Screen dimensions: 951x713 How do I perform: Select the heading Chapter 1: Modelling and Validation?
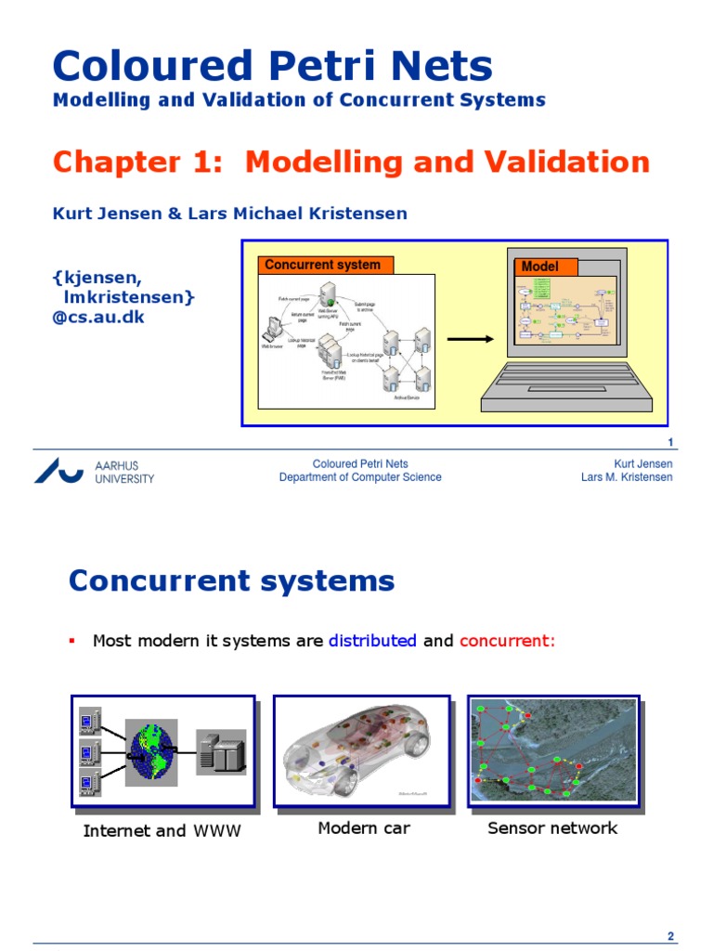tap(351, 163)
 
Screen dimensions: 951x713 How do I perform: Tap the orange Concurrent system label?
tap(323, 265)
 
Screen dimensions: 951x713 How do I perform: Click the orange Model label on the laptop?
tap(541, 267)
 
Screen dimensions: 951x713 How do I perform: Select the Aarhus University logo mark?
tap(58, 470)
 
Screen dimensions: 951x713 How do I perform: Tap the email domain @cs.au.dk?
tap(98, 317)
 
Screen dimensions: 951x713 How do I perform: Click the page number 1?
tap(669, 442)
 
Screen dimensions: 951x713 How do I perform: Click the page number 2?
tap(669, 936)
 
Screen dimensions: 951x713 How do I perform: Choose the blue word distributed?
tap(372, 641)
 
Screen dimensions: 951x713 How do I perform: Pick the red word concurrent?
tap(507, 641)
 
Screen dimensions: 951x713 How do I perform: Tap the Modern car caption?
tap(364, 828)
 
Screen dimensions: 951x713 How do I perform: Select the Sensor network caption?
tap(552, 828)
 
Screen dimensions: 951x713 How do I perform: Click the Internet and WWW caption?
tap(162, 831)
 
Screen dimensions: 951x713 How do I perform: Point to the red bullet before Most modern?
tap(71, 641)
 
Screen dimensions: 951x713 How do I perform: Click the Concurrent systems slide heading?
tap(232, 581)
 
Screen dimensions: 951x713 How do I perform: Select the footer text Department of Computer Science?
tap(360, 477)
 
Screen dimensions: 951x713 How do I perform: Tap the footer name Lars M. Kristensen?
tap(627, 477)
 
